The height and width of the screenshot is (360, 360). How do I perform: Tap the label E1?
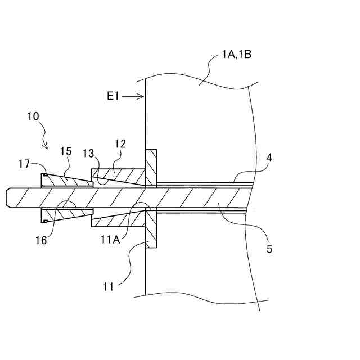(x=114, y=97)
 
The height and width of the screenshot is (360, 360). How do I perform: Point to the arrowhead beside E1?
(x=142, y=97)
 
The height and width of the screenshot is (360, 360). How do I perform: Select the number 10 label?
(x=33, y=116)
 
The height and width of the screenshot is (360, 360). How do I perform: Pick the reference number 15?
(x=66, y=152)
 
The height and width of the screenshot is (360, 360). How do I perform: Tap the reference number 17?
(x=24, y=164)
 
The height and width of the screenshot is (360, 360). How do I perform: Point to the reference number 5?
(x=269, y=248)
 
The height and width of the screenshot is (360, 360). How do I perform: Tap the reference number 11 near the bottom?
(x=108, y=286)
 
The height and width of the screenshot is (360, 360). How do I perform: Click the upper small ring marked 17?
(x=44, y=175)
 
